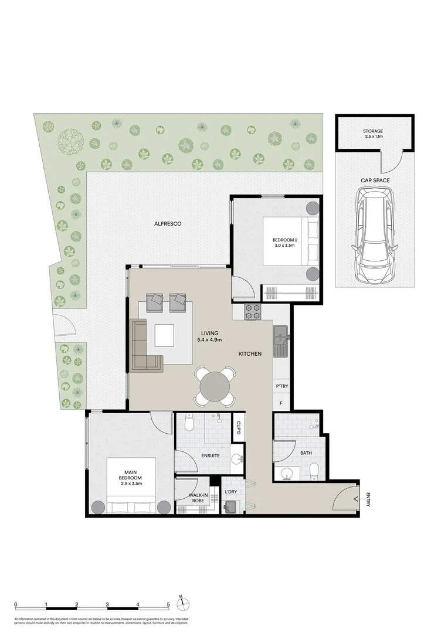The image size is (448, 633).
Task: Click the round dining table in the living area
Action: [x=215, y=386]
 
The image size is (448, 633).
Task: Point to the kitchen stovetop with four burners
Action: [x=253, y=312]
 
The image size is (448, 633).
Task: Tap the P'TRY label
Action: [x=281, y=387]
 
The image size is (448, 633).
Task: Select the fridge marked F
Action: [x=281, y=403]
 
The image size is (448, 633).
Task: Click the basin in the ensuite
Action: [x=237, y=459]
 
